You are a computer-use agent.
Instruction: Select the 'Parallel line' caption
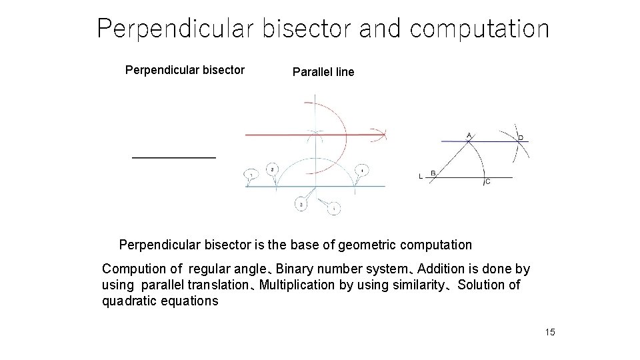pos(323,72)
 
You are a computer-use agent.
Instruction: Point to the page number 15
pos(549,333)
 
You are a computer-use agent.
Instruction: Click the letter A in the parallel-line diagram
pos(469,135)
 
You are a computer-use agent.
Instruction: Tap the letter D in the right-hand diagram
pos(521,138)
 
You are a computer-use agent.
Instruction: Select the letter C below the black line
pos(487,181)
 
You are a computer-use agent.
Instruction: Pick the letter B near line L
pos(433,173)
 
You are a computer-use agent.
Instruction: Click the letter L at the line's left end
pos(420,176)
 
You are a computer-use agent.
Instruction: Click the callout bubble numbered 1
pos(251,175)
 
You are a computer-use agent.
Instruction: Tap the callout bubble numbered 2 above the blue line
pos(273,169)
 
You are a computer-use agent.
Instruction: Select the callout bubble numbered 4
pos(362,169)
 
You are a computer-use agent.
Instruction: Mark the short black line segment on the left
pos(174,157)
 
